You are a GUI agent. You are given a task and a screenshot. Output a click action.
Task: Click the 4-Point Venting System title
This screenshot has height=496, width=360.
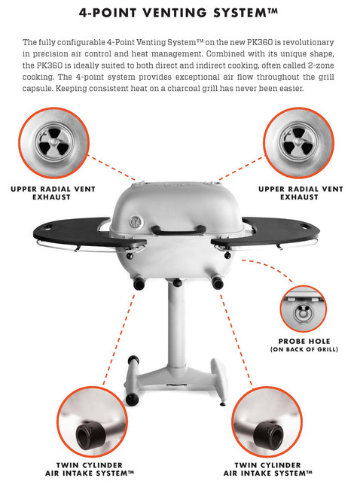pyautogui.click(x=179, y=13)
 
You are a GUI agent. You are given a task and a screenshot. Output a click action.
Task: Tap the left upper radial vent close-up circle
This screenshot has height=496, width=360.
pyautogui.click(x=53, y=143)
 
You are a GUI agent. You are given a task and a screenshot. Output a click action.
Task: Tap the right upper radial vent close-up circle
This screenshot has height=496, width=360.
pyautogui.click(x=298, y=143)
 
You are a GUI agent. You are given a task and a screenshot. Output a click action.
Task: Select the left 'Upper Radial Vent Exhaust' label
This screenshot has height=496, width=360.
pyautogui.click(x=53, y=193)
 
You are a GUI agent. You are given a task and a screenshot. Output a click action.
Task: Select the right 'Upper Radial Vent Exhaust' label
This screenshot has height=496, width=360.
pyautogui.click(x=301, y=193)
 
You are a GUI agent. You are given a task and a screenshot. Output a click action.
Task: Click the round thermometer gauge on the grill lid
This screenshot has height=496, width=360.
pyautogui.click(x=136, y=222)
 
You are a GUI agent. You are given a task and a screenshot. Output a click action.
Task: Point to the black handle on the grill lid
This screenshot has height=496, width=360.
pyautogui.click(x=178, y=230)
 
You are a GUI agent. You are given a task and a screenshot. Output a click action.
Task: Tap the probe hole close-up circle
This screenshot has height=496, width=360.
pyautogui.click(x=303, y=309)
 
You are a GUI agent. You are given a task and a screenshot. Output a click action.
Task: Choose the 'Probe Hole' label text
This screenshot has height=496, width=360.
pyautogui.click(x=304, y=341)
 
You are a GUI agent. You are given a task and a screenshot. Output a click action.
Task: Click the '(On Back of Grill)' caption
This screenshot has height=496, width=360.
pyautogui.click(x=304, y=349)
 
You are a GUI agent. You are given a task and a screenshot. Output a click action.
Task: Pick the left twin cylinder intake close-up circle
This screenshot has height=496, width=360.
pyautogui.click(x=92, y=421)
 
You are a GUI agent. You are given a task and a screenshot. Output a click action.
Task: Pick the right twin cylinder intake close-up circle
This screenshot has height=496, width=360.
pyautogui.click(x=267, y=421)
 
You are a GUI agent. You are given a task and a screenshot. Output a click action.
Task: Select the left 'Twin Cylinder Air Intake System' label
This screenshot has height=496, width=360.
pyautogui.click(x=90, y=469)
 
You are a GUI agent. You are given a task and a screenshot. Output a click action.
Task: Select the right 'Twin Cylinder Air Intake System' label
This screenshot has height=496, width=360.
pyautogui.click(x=268, y=469)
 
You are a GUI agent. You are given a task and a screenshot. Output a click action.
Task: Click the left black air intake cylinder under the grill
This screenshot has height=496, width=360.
pyautogui.click(x=139, y=284)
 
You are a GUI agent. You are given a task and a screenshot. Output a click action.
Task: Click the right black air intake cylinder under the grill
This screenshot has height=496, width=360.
pyautogui.click(x=218, y=282)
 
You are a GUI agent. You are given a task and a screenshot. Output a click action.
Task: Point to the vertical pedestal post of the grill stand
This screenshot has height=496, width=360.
pyautogui.click(x=177, y=326)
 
